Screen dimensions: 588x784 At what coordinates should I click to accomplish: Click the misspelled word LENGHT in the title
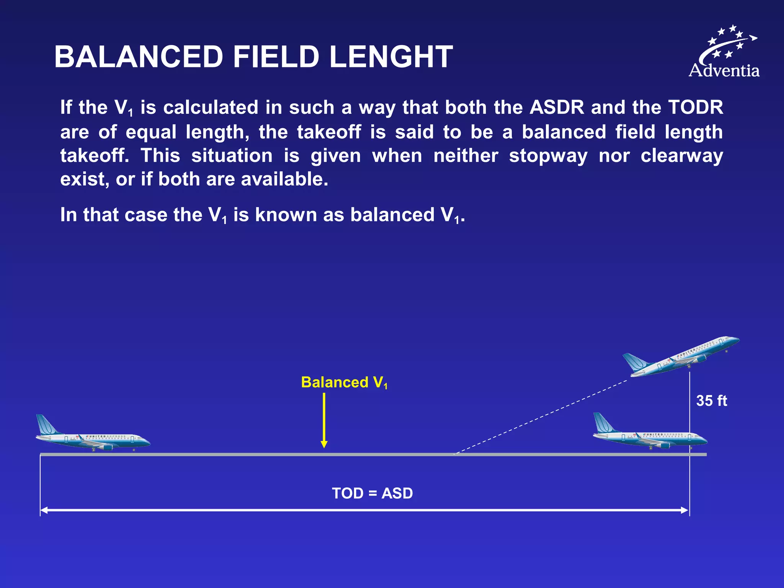pos(391,57)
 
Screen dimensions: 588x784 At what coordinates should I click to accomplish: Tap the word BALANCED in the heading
pos(139,57)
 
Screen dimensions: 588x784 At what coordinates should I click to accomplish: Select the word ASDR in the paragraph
pos(557,107)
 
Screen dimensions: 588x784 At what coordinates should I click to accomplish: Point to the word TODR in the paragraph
pos(695,107)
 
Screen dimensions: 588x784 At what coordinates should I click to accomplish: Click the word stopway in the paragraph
pos(548,156)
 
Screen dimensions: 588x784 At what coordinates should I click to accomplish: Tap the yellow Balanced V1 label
pos(344,382)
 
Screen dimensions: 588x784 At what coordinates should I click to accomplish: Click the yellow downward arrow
pos(324,421)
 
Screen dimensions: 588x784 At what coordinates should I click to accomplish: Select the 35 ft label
pos(711,401)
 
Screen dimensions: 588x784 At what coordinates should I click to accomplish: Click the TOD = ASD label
pos(372,493)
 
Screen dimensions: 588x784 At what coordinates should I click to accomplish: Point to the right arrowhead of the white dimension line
pos(685,510)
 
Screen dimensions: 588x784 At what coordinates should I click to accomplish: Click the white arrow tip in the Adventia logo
pos(754,38)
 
